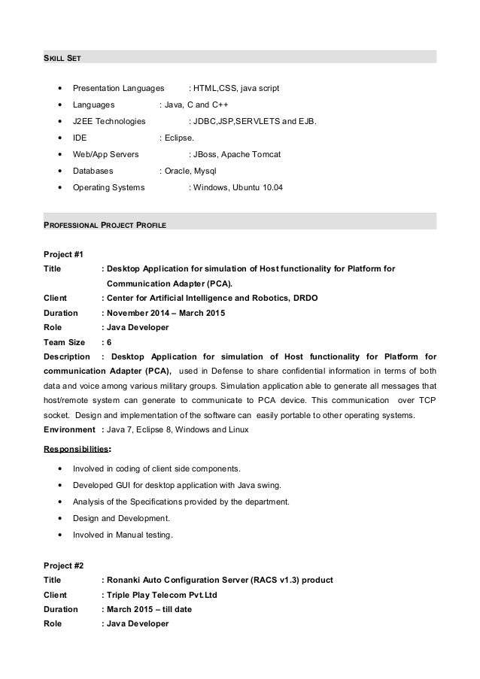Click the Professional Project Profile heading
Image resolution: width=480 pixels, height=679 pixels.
[x=105, y=225]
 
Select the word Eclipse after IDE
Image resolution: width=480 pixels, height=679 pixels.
[x=179, y=138]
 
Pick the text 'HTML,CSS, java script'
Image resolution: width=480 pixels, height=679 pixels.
[x=236, y=88]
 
